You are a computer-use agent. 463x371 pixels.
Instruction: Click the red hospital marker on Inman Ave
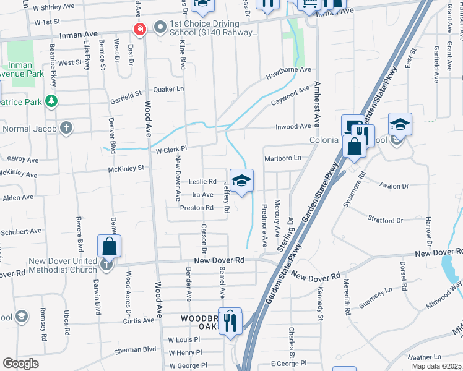pyautogui.click(x=140, y=28)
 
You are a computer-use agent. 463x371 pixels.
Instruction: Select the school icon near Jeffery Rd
pyautogui.click(x=242, y=181)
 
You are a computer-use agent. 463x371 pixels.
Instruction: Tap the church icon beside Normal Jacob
pyautogui.click(x=66, y=129)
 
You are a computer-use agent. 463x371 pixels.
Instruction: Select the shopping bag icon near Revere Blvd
pyautogui.click(x=109, y=245)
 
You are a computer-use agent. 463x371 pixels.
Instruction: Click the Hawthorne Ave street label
pyautogui.click(x=288, y=70)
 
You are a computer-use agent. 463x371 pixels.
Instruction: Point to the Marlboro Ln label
pyautogui.click(x=282, y=158)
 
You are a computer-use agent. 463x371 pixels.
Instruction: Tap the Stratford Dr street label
pyautogui.click(x=385, y=220)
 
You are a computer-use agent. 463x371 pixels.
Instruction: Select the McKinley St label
pyautogui.click(x=126, y=168)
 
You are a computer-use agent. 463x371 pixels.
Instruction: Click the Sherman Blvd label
pyautogui.click(x=136, y=350)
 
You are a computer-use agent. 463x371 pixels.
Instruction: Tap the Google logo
pyautogui.click(x=21, y=364)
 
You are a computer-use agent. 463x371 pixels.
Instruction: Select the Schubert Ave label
pyautogui.click(x=22, y=231)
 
